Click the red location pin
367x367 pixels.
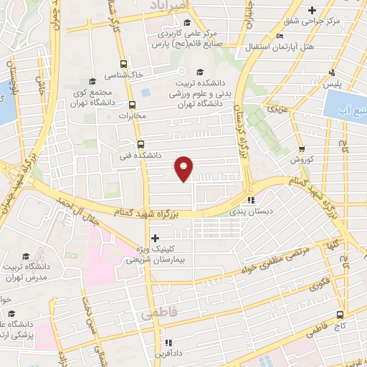click(x=184, y=168)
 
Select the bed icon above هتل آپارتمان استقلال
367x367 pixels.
click(x=280, y=36)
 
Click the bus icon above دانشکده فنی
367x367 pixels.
click(x=140, y=143)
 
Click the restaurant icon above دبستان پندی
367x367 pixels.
click(x=251, y=201)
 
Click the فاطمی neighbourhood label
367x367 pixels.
click(x=157, y=314)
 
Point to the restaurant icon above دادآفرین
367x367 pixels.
click(x=168, y=343)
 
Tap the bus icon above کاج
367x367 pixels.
click(x=340, y=314)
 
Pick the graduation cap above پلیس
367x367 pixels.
click(x=332, y=72)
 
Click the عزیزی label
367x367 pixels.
click(x=275, y=109)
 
